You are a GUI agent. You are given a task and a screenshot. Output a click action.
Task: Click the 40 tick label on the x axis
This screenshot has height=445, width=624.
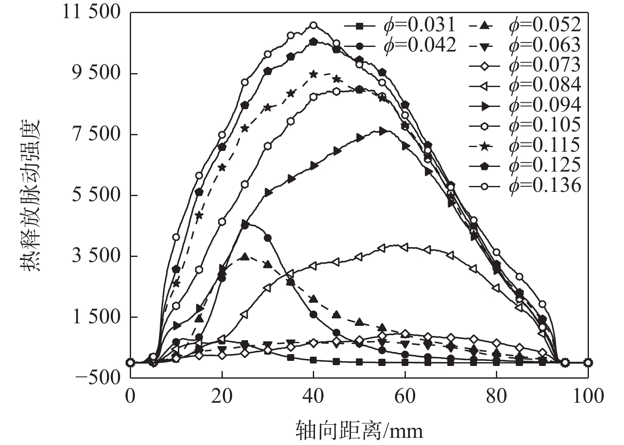[313, 396]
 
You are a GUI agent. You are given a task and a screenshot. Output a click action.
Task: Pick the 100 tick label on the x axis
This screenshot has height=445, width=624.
[588, 396]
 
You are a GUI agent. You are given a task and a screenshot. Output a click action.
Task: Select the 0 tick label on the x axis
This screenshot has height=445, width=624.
[130, 396]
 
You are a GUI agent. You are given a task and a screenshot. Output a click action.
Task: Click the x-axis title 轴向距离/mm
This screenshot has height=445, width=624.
[359, 431]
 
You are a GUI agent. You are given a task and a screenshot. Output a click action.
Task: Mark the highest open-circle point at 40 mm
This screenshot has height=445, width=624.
[313, 25]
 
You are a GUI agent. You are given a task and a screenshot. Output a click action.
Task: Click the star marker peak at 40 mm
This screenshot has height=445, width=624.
[313, 74]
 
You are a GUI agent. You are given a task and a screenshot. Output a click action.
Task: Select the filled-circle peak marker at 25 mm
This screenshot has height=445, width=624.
[244, 226]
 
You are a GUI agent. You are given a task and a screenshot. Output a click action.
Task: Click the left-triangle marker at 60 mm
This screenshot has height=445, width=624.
[405, 247]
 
